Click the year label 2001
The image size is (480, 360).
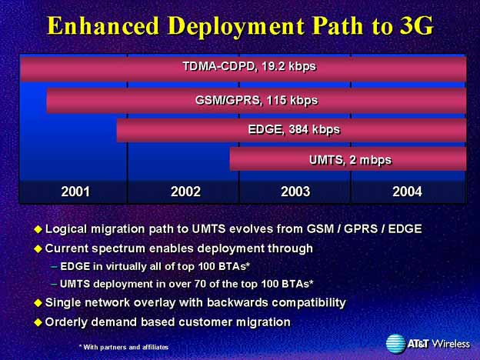pos(75,192)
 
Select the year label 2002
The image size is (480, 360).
pos(185,192)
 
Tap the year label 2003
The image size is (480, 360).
pos(295,192)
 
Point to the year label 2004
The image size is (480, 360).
pos(407,192)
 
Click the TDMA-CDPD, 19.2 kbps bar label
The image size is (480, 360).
pos(249,66)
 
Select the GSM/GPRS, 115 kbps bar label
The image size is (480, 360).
pos(256,101)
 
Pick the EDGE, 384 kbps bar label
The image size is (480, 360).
pos(294,129)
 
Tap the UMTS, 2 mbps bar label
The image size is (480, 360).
pos(350,160)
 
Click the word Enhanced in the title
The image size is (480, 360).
pos(103,26)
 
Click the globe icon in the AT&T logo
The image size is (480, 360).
pos(395,344)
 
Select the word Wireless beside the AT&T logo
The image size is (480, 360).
pos(451,344)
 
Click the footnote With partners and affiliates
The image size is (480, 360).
pos(124,347)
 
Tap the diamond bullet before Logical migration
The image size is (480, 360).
pos(38,229)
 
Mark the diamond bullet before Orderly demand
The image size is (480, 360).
pos(38,322)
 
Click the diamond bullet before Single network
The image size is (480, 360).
pos(38,303)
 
